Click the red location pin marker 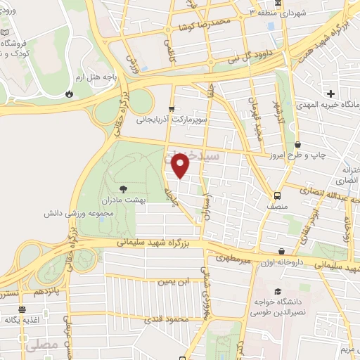coord(181,165)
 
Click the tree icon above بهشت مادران coord(124,188)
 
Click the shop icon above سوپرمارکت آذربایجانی coord(172,109)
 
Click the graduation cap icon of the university coord(278,291)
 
